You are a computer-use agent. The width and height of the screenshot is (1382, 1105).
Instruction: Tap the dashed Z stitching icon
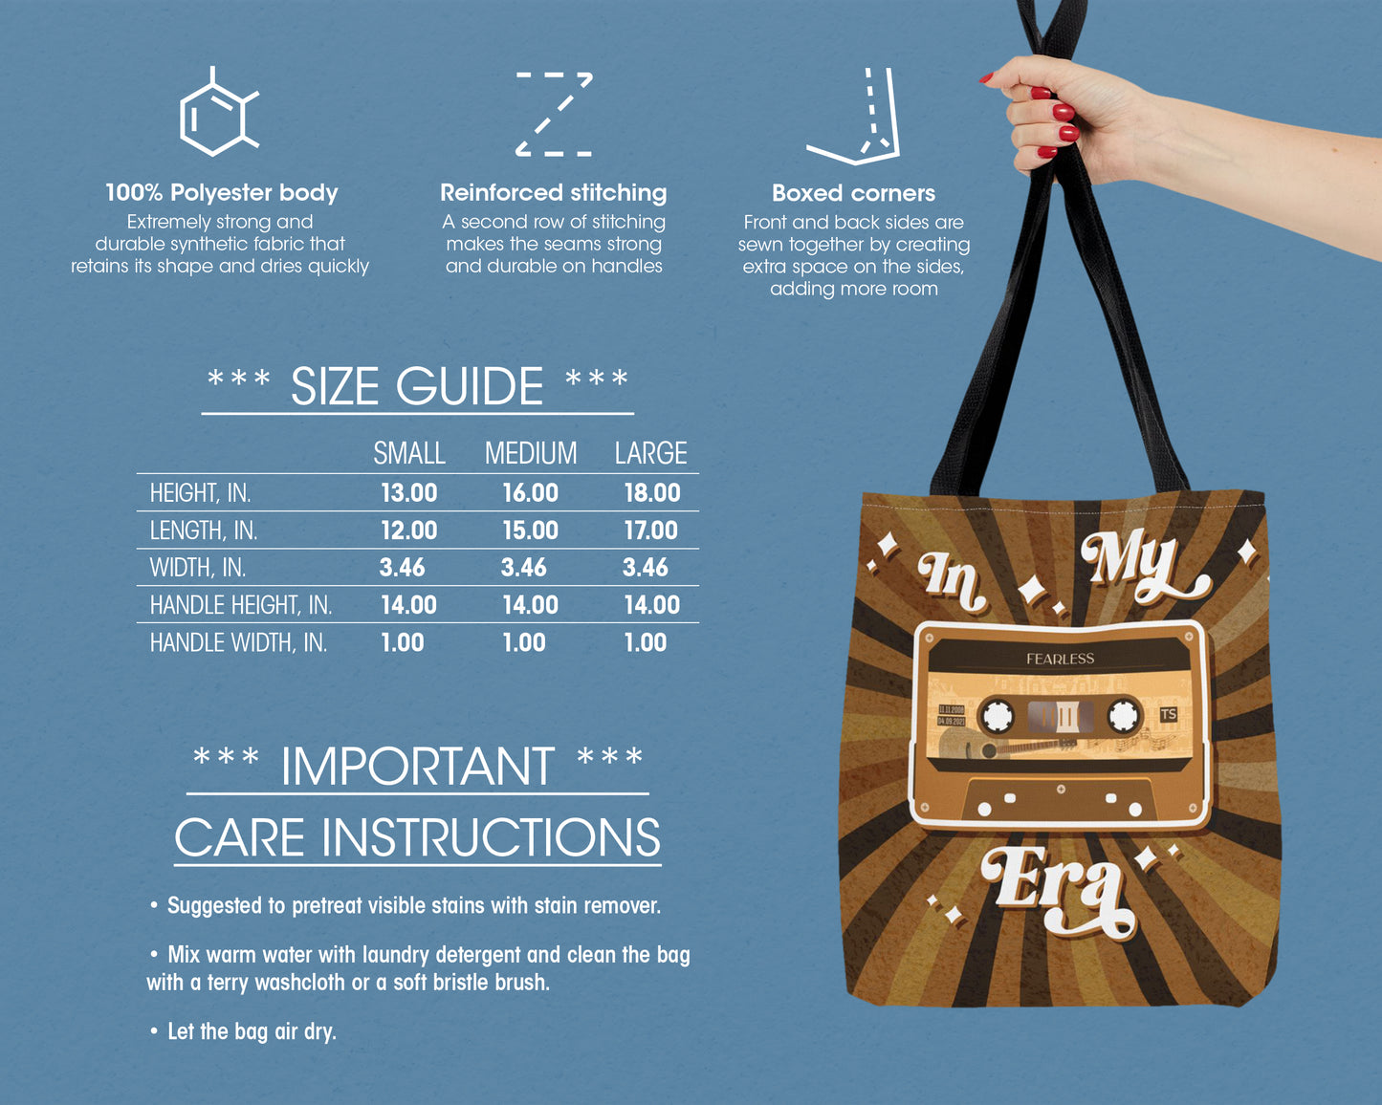point(554,114)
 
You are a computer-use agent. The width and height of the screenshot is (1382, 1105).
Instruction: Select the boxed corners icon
point(855,116)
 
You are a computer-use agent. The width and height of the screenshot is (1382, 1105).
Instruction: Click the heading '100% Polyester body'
point(221,193)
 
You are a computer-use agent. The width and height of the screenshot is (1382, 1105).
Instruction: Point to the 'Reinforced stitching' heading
point(553,193)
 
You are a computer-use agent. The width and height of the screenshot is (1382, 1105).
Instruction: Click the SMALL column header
point(408,453)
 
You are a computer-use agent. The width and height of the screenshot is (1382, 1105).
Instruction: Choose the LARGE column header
point(650,453)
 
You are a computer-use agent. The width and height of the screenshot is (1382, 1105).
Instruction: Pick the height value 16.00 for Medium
point(530,493)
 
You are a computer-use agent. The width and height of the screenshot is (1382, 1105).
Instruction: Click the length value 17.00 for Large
point(650,531)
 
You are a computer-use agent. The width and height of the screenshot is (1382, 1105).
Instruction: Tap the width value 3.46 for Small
point(402,568)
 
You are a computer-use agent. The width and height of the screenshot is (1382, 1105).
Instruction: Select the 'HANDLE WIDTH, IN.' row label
point(238,642)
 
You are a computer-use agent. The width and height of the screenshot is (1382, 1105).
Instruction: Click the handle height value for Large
point(651,605)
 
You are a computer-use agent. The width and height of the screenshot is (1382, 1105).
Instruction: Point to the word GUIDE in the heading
point(469,387)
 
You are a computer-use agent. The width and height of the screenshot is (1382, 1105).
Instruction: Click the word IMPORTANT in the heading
point(417,767)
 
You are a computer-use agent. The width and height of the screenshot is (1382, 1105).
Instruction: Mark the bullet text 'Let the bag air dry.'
point(252,1031)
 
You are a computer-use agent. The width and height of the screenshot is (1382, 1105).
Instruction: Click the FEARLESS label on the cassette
point(1060,659)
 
